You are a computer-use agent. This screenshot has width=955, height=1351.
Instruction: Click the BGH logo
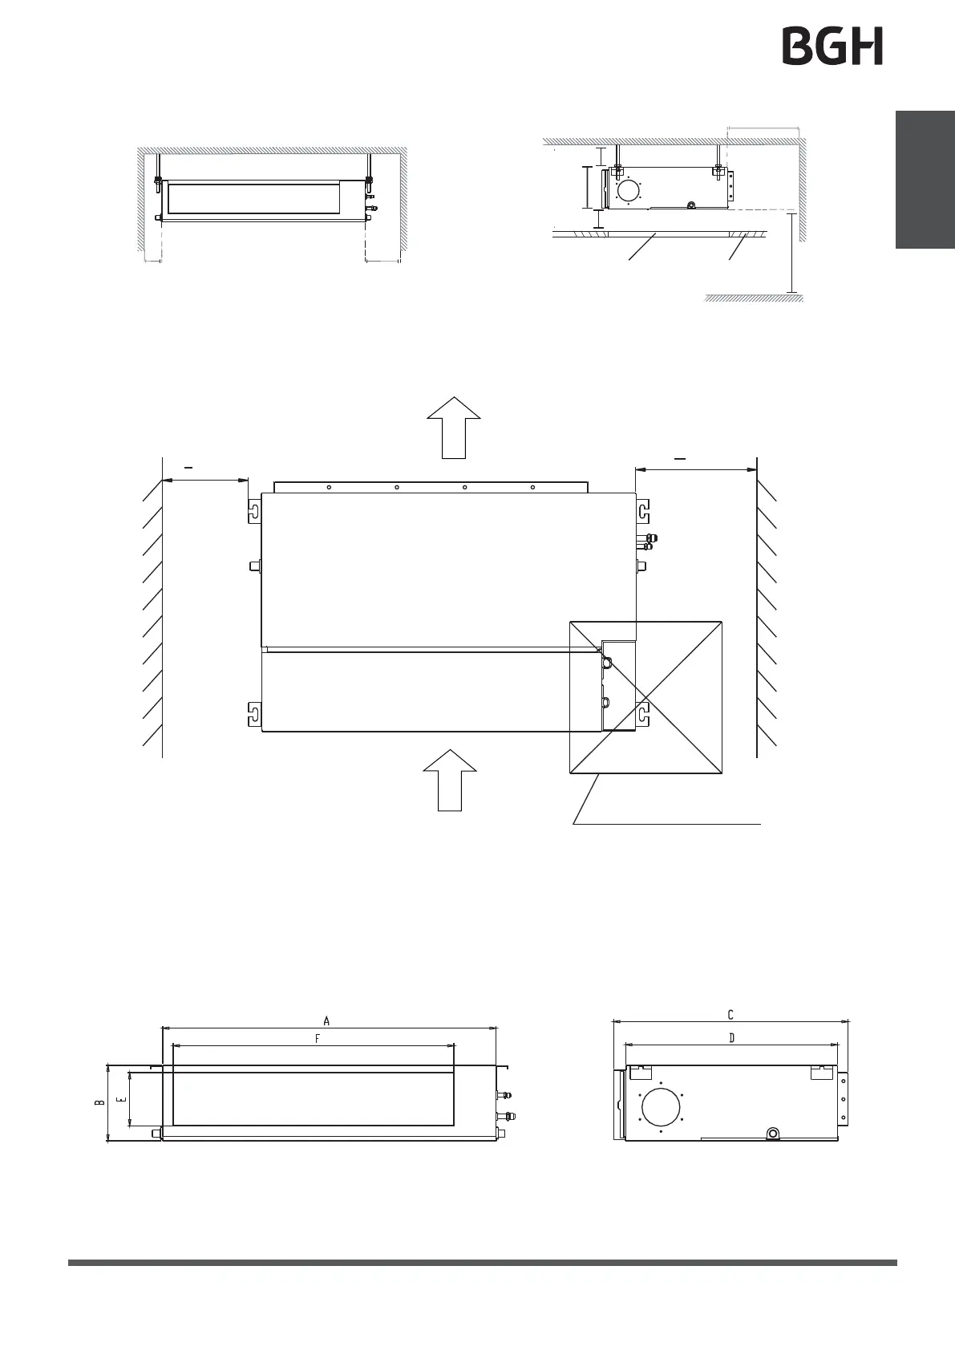click(x=832, y=46)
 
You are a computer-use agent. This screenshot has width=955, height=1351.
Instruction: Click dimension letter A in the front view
click(x=326, y=1021)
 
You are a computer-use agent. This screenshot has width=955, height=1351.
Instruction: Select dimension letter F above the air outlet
click(x=318, y=1039)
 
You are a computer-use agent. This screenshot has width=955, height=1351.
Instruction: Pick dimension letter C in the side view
click(x=730, y=1016)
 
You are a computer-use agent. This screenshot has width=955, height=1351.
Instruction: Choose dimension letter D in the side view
click(x=731, y=1038)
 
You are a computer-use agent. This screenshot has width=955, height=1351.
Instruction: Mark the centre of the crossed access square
click(x=645, y=696)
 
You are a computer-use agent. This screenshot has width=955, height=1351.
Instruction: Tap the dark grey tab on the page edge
click(x=925, y=180)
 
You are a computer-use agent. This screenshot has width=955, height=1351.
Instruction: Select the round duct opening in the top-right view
click(x=629, y=190)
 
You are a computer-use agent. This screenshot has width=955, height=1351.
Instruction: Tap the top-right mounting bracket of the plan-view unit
click(x=643, y=510)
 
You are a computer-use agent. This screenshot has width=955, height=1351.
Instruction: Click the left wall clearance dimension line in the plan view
click(x=205, y=481)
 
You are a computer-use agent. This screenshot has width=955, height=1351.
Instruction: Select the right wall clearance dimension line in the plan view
click(x=695, y=470)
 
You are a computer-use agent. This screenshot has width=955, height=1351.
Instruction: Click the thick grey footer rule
click(x=482, y=1262)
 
